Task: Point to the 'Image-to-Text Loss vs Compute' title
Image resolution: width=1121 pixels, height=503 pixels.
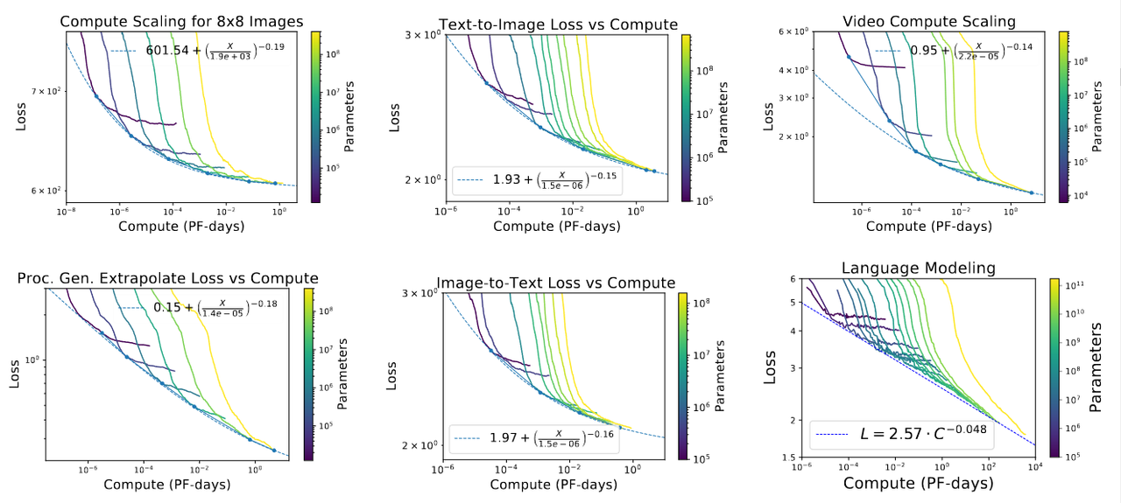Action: click(x=556, y=283)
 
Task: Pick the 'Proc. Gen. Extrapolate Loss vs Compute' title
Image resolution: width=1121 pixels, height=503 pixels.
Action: click(x=168, y=278)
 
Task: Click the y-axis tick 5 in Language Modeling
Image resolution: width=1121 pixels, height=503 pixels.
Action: click(x=793, y=303)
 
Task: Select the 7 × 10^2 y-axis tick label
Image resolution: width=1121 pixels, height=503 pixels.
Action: click(x=44, y=91)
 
